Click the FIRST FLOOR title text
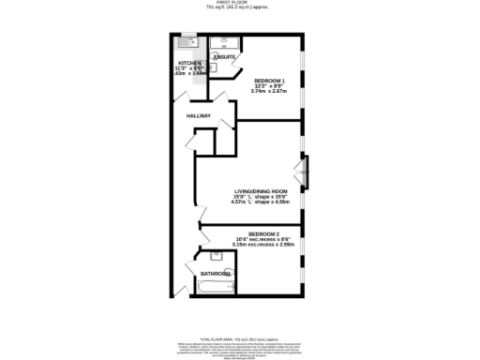[x=239, y=3]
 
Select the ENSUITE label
[x=224, y=57]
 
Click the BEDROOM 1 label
[x=270, y=81]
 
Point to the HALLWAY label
[x=198, y=115]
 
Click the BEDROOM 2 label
[x=270, y=232]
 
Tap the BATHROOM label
[x=215, y=274]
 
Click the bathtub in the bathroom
[x=216, y=285]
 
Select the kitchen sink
[x=187, y=41]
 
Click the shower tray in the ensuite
[x=225, y=42]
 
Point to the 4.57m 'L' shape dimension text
[x=268, y=202]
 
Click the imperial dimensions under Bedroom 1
[x=270, y=87]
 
